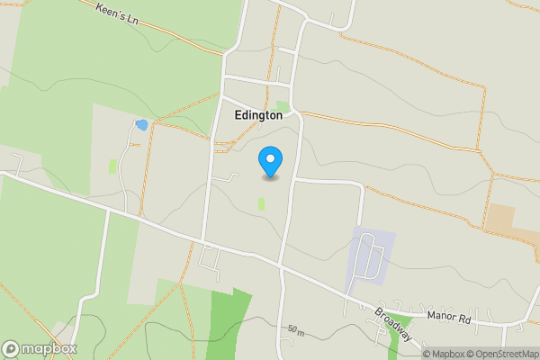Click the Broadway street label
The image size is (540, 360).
coord(394,323)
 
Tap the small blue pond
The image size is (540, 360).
coord(140,124)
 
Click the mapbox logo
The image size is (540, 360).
coord(40,348)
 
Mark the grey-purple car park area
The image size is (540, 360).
coord(370,256)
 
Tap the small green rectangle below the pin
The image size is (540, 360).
coord(262,204)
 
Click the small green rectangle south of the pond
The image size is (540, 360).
coord(112,166)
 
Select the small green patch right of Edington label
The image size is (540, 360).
coord(283,107)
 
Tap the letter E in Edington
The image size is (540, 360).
coord(237,115)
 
